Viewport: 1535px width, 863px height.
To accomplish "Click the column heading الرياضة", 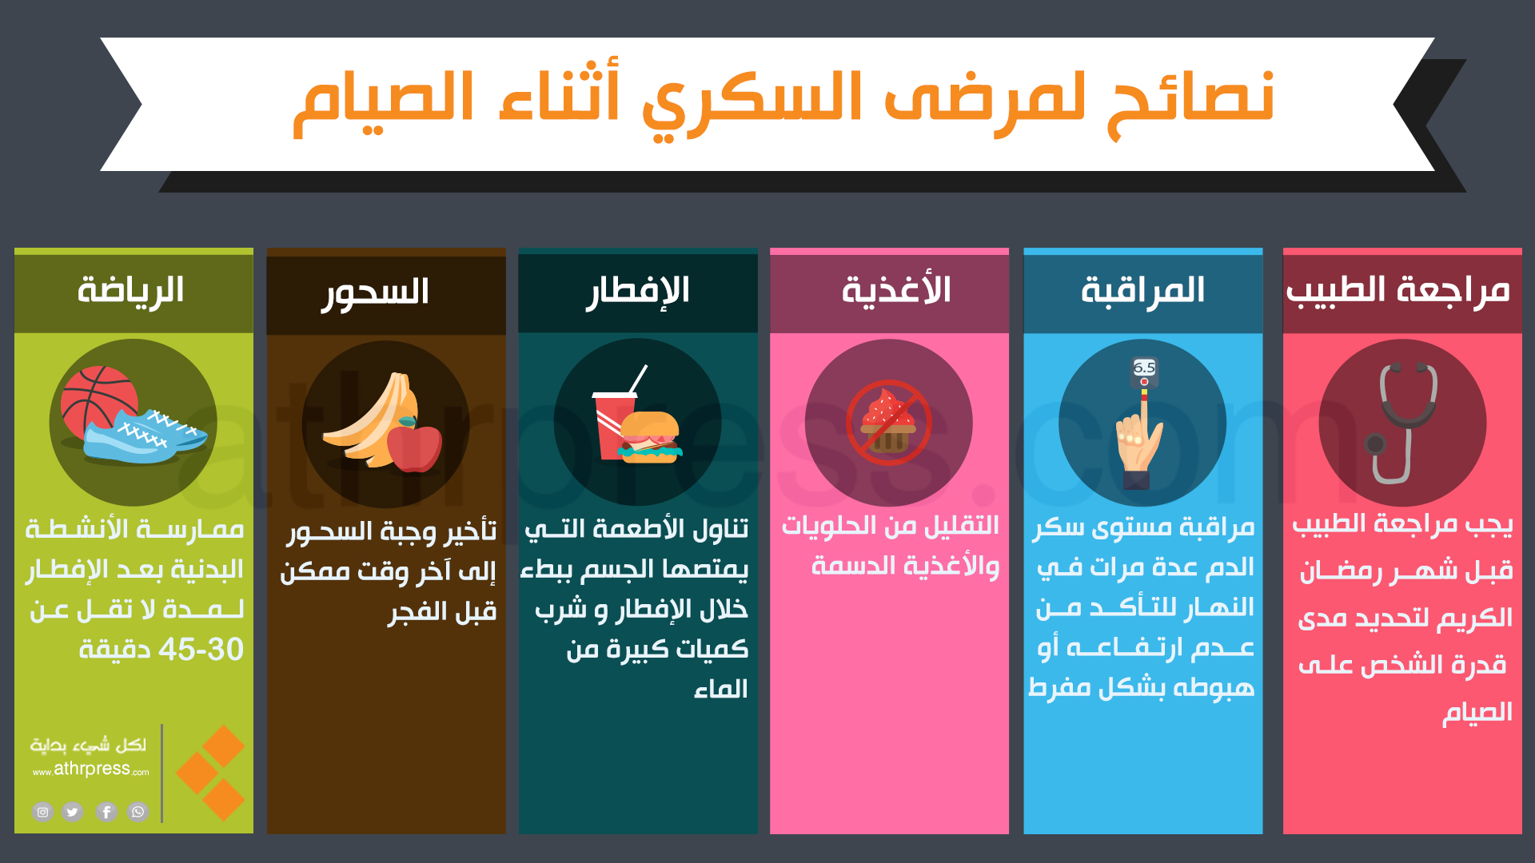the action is (130, 289).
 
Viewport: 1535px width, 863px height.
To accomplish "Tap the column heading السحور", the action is (375, 292).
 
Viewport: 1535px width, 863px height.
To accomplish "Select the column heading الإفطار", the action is (637, 292).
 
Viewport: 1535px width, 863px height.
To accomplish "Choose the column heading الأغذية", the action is (896, 289).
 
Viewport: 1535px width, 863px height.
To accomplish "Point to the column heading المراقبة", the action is (1142, 291).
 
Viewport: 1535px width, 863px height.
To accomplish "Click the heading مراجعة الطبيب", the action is (1398, 289).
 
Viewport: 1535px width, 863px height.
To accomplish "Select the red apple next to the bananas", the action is (414, 447).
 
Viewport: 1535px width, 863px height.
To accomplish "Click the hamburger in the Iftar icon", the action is (650, 437).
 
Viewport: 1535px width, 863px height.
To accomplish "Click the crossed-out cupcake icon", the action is (889, 422).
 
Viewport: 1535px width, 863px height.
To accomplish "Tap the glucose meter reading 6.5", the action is (1144, 372).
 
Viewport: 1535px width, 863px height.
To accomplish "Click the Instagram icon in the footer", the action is (42, 812).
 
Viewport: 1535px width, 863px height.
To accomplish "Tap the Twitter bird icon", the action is (73, 812).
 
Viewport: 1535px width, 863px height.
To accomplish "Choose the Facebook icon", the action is (106, 812).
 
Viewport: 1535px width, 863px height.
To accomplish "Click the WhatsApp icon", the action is (138, 812).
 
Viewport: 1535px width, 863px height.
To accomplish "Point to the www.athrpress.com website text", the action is (91, 770).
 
